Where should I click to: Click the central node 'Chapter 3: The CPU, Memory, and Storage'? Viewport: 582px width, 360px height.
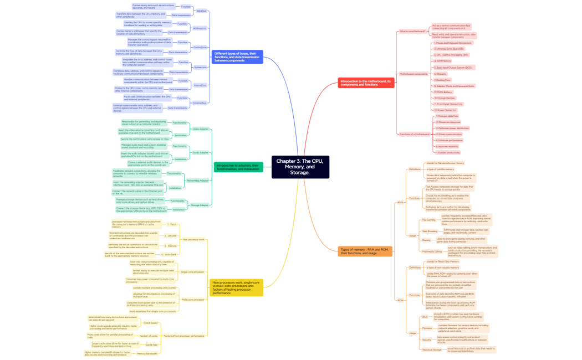(300, 167)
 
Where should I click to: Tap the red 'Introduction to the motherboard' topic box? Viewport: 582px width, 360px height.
(365, 82)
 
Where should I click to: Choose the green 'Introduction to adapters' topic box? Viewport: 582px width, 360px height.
(238, 167)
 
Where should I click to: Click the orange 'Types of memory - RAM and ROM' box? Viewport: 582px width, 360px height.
(363, 251)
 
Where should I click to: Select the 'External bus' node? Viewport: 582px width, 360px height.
(200, 102)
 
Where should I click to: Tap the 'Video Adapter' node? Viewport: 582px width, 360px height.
(200, 129)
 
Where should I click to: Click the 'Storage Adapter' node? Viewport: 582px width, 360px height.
(200, 205)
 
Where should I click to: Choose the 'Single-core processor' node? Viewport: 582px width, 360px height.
(192, 272)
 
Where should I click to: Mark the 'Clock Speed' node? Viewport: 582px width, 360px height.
(151, 322)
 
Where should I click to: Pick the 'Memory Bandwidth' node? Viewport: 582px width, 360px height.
(147, 353)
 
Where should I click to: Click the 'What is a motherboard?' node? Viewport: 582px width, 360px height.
(412, 31)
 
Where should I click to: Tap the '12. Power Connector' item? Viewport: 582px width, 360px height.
(446, 110)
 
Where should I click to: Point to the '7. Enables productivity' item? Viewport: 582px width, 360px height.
(448, 152)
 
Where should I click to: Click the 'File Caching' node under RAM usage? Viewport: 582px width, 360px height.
(428, 220)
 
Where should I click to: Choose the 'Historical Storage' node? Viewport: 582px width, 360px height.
(432, 349)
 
